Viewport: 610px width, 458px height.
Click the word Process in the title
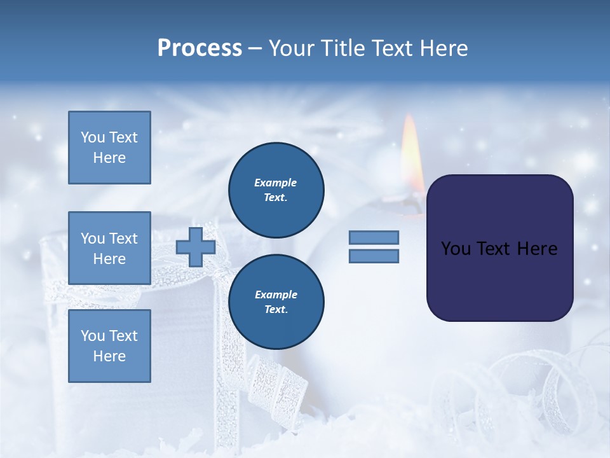200,48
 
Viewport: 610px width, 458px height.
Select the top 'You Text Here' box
109,148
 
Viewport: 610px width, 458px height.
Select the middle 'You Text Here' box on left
109,248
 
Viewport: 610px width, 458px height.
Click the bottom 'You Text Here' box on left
109,345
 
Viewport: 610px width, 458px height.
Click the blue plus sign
196,247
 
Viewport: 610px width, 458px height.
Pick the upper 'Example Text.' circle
276,190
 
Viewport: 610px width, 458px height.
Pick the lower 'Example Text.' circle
276,302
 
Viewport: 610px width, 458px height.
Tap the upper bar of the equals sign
374,237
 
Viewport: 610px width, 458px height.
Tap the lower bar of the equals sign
374,256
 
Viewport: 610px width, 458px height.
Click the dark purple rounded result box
499,280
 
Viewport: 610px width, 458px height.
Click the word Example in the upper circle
275,183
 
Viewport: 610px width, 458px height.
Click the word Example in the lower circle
275,295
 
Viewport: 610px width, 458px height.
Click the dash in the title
255,48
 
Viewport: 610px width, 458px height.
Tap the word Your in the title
292,48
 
